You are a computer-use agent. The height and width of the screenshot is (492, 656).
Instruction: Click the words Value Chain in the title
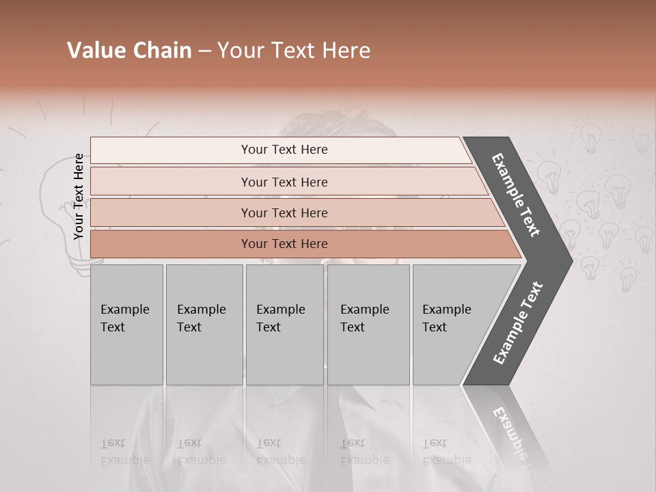click(129, 51)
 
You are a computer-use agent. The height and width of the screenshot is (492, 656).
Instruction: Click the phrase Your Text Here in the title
click(294, 51)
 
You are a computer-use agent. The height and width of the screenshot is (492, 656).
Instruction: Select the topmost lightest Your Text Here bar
click(284, 150)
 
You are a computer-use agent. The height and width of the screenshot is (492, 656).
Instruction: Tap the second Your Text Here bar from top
click(284, 182)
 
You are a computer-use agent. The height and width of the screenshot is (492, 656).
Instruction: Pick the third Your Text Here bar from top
click(284, 213)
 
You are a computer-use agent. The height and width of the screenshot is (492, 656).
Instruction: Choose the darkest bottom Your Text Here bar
click(284, 244)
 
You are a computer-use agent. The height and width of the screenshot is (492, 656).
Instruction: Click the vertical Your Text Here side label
click(79, 196)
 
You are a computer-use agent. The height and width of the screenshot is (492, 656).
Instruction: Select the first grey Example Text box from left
click(126, 324)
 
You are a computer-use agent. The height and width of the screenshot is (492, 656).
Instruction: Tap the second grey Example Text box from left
click(204, 324)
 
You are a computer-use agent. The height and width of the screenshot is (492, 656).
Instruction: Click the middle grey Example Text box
click(284, 324)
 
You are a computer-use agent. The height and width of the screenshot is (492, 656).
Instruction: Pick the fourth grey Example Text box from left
click(368, 324)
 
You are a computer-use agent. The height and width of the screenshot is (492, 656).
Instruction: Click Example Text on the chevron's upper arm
click(516, 195)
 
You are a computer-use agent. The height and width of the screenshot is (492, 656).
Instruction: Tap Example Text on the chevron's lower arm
click(518, 323)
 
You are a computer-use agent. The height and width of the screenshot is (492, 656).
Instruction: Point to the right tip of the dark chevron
click(571, 260)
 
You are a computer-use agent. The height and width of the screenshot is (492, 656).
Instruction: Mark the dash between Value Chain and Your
click(204, 52)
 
